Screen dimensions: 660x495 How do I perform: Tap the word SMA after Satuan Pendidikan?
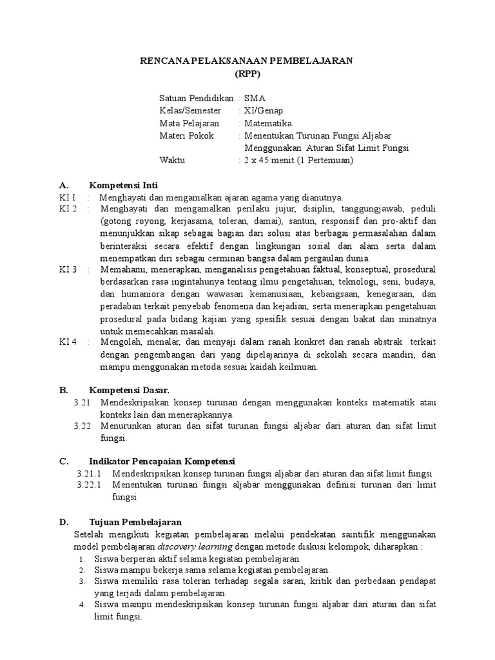[x=254, y=99]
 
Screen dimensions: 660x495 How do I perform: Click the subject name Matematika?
[x=267, y=123]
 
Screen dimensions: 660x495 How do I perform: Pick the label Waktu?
[x=172, y=160]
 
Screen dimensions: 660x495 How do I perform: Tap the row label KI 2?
[x=68, y=209]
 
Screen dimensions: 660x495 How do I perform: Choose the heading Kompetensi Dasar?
[x=129, y=390]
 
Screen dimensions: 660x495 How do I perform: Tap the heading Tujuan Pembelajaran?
[x=135, y=521]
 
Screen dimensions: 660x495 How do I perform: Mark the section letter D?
[x=63, y=521]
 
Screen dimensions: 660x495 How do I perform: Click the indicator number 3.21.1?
[x=89, y=473]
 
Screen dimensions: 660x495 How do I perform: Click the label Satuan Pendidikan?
[x=196, y=99]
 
